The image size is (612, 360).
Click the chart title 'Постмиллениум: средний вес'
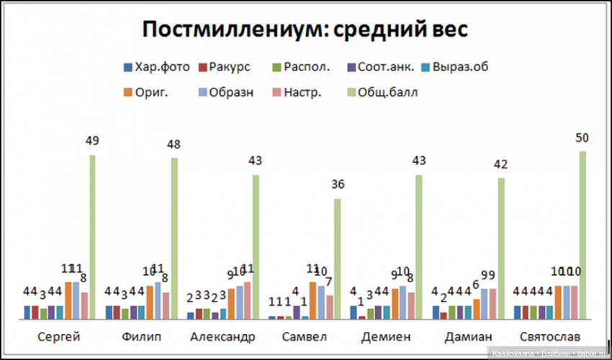(305, 30)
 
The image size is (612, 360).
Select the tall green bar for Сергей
(92, 238)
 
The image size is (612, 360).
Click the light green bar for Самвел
(337, 259)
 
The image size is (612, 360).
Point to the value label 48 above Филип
(174, 144)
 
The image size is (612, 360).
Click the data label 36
(337, 185)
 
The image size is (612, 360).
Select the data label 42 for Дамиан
(500, 165)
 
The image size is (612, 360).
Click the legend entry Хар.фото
(156, 67)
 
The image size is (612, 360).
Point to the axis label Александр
(222, 337)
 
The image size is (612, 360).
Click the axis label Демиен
(386, 337)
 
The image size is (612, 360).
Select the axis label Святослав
(549, 337)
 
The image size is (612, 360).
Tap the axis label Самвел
(304, 337)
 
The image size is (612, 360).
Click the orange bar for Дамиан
(476, 309)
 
